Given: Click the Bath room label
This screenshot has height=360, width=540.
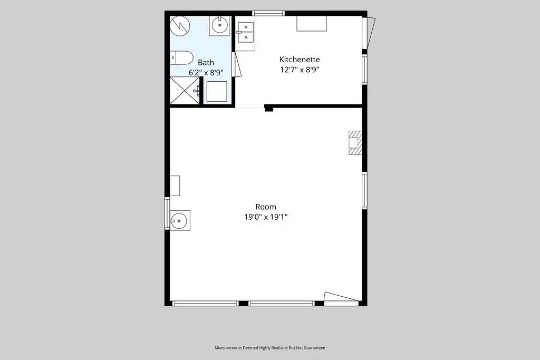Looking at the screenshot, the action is click(x=206, y=62).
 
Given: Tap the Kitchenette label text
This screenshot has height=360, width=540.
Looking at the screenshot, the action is click(x=300, y=59).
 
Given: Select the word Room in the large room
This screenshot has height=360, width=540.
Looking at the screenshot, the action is click(x=266, y=207).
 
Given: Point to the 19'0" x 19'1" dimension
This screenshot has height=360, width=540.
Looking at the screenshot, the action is click(x=266, y=217).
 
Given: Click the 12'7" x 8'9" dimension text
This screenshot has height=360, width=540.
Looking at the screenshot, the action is click(x=300, y=70).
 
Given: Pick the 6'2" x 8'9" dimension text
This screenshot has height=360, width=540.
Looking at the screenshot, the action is click(x=206, y=73).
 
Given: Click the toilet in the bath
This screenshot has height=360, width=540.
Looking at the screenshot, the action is click(x=181, y=58).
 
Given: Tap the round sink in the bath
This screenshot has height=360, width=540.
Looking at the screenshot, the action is click(x=219, y=25).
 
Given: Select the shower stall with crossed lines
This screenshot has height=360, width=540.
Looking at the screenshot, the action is click(x=185, y=90).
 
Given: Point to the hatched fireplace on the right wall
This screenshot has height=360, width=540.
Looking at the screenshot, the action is click(x=355, y=142).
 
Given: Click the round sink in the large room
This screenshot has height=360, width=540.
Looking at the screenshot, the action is click(x=179, y=220).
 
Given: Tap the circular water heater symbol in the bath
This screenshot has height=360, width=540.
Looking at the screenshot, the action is click(x=180, y=26).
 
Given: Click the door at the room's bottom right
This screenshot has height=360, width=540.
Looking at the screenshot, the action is click(x=342, y=299).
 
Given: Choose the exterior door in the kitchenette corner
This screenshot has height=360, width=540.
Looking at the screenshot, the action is click(x=369, y=33).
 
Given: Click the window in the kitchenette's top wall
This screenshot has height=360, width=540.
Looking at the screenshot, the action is click(x=268, y=13).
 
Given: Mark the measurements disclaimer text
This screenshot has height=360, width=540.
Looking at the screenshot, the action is click(x=269, y=347).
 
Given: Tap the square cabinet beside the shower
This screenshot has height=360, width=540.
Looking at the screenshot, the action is click(x=217, y=91).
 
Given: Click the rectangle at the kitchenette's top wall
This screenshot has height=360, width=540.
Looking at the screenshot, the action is click(x=312, y=23).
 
